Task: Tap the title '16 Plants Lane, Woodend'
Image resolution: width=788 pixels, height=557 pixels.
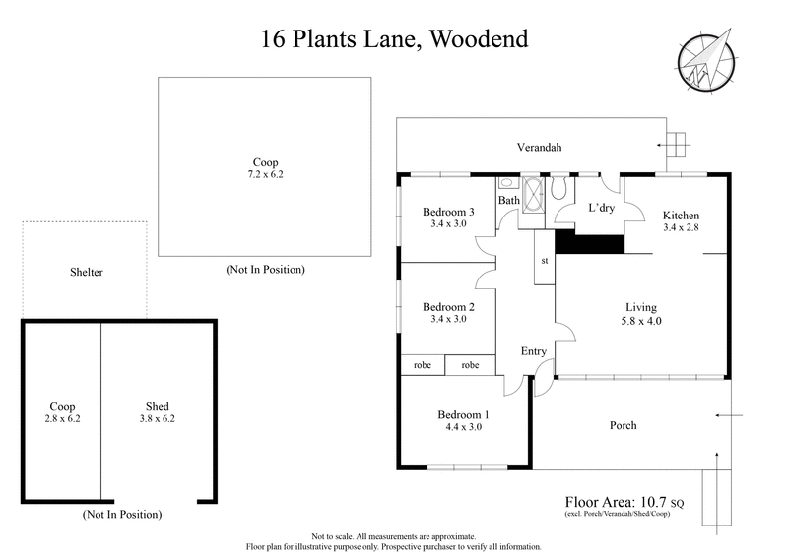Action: click(394, 39)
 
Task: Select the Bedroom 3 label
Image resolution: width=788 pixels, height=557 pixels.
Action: click(448, 212)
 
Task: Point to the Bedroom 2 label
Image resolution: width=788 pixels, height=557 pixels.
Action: click(448, 307)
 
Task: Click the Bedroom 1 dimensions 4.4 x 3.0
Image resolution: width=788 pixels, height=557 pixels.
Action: click(463, 426)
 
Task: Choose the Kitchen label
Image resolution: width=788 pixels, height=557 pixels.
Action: click(681, 217)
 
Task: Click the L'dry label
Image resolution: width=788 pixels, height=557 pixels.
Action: click(601, 209)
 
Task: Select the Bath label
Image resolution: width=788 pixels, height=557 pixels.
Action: click(508, 201)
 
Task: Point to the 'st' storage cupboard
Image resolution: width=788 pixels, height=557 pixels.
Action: click(544, 260)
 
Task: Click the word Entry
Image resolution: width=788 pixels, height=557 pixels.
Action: click(533, 351)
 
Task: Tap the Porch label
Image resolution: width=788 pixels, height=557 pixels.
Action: click(623, 425)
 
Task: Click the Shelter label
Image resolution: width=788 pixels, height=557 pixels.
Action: click(86, 272)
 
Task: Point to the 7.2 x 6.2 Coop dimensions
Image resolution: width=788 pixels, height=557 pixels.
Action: click(265, 174)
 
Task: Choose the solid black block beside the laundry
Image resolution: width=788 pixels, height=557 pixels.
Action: click(589, 243)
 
